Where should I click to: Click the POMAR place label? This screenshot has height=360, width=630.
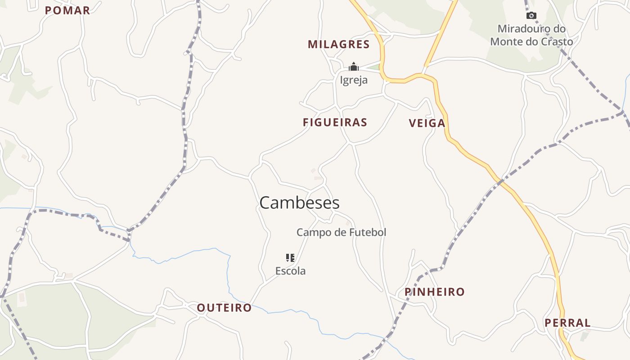(67, 10)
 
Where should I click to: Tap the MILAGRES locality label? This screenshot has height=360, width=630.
(338, 45)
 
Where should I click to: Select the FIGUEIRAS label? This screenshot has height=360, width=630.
(335, 122)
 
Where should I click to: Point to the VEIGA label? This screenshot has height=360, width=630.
(427, 123)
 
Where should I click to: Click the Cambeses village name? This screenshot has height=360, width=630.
(299, 203)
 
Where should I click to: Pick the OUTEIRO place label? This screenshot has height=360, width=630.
(224, 308)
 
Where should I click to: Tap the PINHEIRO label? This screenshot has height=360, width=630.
(434, 292)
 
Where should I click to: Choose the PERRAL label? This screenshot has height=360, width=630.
(567, 323)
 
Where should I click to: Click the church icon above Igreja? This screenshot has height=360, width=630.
(354, 67)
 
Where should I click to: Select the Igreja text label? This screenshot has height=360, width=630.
(354, 80)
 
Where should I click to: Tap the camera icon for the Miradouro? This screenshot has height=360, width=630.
(531, 15)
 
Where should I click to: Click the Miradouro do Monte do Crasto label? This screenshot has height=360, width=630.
(531, 35)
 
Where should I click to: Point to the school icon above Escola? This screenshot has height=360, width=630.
(290, 258)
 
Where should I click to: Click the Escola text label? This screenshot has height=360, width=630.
(290, 271)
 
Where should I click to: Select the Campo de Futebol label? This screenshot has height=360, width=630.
(341, 233)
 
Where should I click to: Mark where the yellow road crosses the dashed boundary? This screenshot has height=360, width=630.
(501, 181)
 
